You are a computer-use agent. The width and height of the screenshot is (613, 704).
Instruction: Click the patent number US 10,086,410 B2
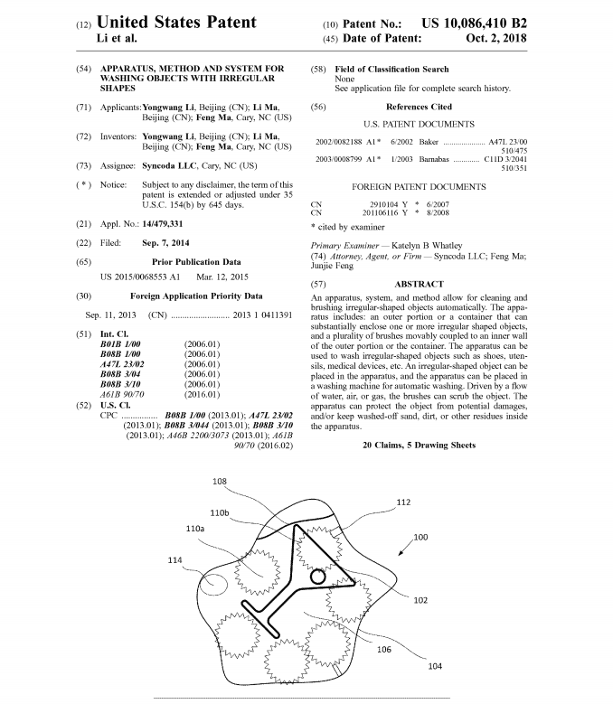point(501,22)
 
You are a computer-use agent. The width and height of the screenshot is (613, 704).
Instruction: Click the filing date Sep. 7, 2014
point(167,242)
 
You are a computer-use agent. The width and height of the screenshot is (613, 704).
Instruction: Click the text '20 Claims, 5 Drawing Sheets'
point(419,446)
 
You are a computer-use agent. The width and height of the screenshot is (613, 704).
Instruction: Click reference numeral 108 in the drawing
point(220,482)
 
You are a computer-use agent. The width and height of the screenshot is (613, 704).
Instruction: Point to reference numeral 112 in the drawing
point(403,502)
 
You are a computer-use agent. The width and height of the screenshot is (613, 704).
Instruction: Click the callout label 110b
point(220,512)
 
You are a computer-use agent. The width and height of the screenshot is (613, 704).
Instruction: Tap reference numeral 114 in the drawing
point(175,560)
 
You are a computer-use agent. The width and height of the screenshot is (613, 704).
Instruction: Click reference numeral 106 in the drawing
point(384,649)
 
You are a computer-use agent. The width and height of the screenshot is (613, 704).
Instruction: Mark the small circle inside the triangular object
point(319,576)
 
